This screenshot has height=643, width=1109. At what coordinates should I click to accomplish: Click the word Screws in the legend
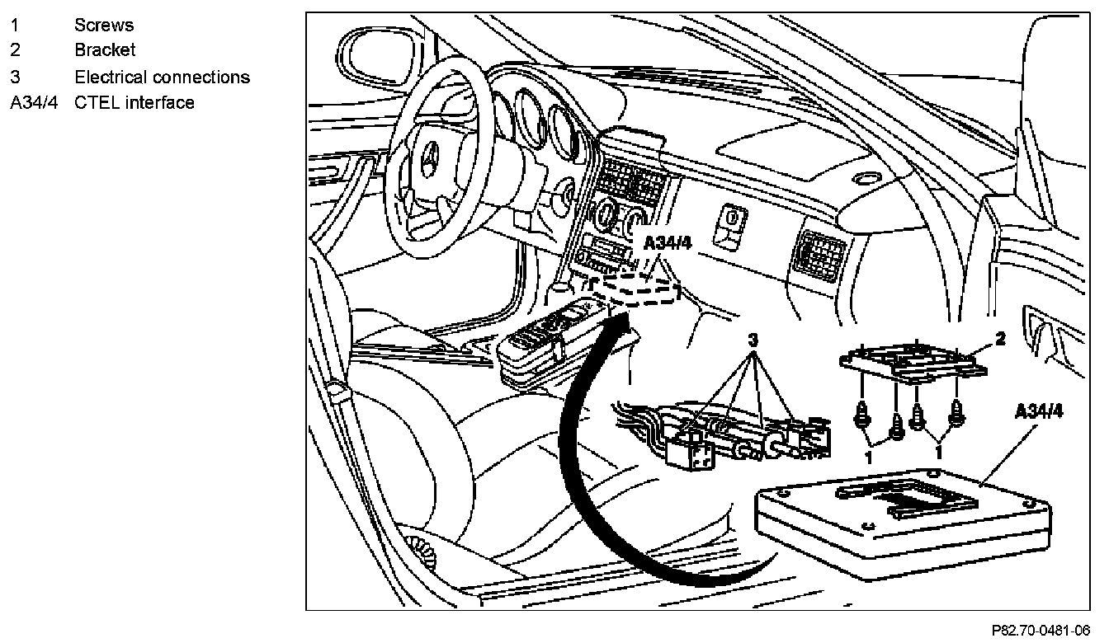pos(104,25)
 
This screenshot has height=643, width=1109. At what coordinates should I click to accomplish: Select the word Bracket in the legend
pos(105,50)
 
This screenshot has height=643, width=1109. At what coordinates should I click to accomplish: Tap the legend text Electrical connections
pos(162,77)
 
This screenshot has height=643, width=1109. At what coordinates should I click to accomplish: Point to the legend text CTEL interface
pos(134,103)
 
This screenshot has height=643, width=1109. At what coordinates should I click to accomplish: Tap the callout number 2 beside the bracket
pos(1000,336)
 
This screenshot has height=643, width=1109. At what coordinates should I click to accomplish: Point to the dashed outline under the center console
pos(641,289)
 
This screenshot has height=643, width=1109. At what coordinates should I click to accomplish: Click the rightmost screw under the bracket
pos(956,415)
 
